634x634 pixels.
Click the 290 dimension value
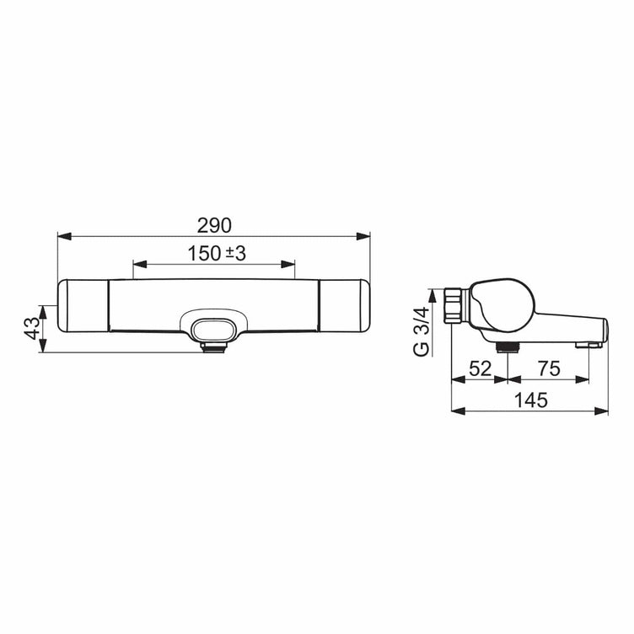click(x=214, y=225)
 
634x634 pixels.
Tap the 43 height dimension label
click(x=31, y=328)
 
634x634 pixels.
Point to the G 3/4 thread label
click(x=422, y=331)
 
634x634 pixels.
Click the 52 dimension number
click(x=479, y=368)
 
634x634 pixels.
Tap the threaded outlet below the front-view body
click(x=214, y=347)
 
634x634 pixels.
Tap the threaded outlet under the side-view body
click(x=506, y=347)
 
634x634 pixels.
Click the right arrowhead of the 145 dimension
click(x=604, y=411)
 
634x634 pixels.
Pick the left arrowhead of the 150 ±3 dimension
click(x=138, y=265)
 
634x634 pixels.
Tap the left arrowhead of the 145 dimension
click(x=458, y=411)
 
